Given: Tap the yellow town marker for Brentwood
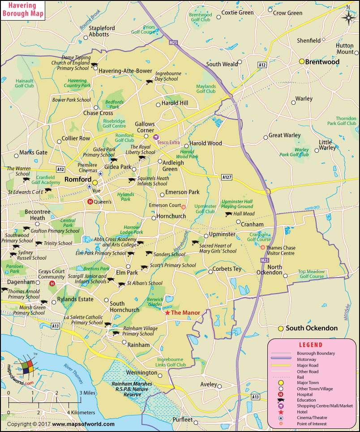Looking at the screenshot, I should point(302,61).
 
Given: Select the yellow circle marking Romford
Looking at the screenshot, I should point(95,183).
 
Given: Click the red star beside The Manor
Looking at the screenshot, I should point(167,312).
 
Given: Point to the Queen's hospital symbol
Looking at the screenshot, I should point(90,202).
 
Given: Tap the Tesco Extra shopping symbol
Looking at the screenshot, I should point(156,137).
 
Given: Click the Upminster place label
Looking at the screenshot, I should point(223,235).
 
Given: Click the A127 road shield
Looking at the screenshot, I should point(227,178).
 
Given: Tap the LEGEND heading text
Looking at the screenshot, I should point(310,345).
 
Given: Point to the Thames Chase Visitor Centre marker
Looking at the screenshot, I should point(263,247).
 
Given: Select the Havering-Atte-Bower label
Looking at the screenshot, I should point(121,71).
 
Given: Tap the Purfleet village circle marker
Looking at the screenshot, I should point(170,420).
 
